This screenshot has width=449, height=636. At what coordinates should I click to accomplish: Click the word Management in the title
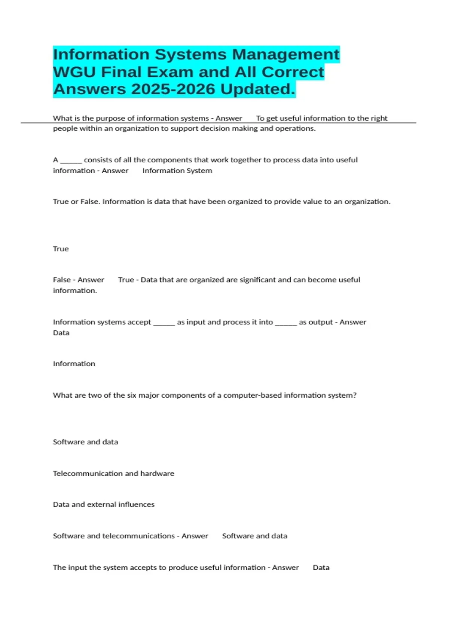[x=285, y=55]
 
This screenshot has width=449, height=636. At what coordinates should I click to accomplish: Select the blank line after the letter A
[x=71, y=160]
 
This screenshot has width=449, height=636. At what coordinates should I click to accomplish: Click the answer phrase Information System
[x=177, y=171]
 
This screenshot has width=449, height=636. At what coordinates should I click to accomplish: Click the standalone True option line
[x=61, y=249]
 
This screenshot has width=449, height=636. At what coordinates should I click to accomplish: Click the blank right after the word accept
[x=164, y=322]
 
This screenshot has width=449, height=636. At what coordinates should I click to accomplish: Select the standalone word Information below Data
[x=74, y=364]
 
